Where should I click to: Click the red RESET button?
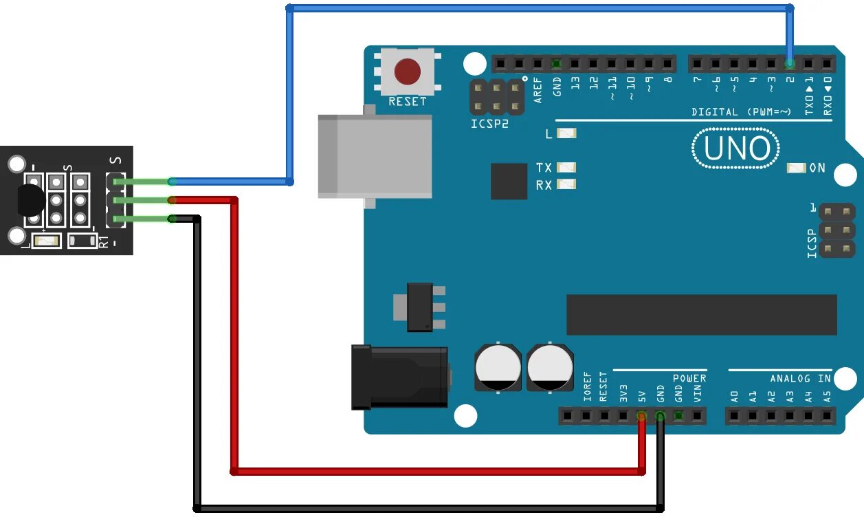tap(408, 71)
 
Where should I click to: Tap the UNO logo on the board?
tap(735, 148)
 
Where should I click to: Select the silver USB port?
tap(375, 157)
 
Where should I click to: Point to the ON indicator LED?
tap(796, 168)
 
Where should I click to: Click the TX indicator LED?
tap(566, 168)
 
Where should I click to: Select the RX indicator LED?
tap(566, 184)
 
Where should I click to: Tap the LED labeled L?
tap(566, 133)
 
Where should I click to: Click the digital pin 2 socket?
tap(790, 64)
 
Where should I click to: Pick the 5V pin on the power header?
tap(641, 416)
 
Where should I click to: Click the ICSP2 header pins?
tap(497, 97)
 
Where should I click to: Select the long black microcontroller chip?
tap(701, 315)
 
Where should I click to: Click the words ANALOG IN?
tap(800, 378)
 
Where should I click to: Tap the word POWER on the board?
tap(689, 378)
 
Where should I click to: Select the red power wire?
tap(440, 472)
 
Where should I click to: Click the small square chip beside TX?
tap(508, 181)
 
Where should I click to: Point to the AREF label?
tap(538, 90)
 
